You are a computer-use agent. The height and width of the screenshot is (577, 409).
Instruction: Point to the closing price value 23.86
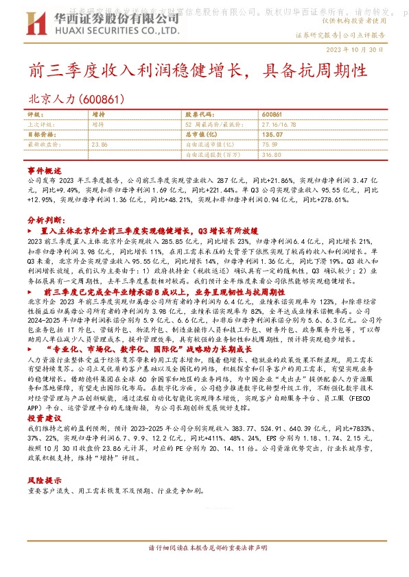coord(100,145)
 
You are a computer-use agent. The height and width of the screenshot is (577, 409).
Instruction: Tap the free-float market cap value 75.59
coord(270,145)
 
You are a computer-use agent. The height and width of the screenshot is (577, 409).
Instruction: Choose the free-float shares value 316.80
coord(272,155)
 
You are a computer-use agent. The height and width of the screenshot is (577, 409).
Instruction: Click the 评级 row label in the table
coord(34,115)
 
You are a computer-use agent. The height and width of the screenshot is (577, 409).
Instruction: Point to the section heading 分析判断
coord(46,221)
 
